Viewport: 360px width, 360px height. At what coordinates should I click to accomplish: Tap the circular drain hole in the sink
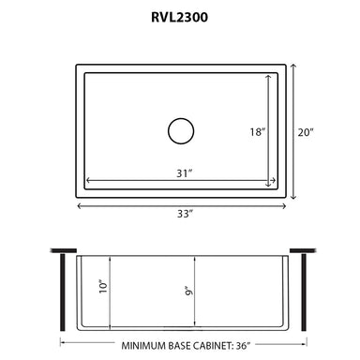click(x=180, y=130)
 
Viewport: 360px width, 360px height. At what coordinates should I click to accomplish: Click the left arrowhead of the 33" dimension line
click(x=79, y=204)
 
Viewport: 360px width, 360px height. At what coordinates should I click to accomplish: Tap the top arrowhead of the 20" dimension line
click(x=292, y=66)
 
